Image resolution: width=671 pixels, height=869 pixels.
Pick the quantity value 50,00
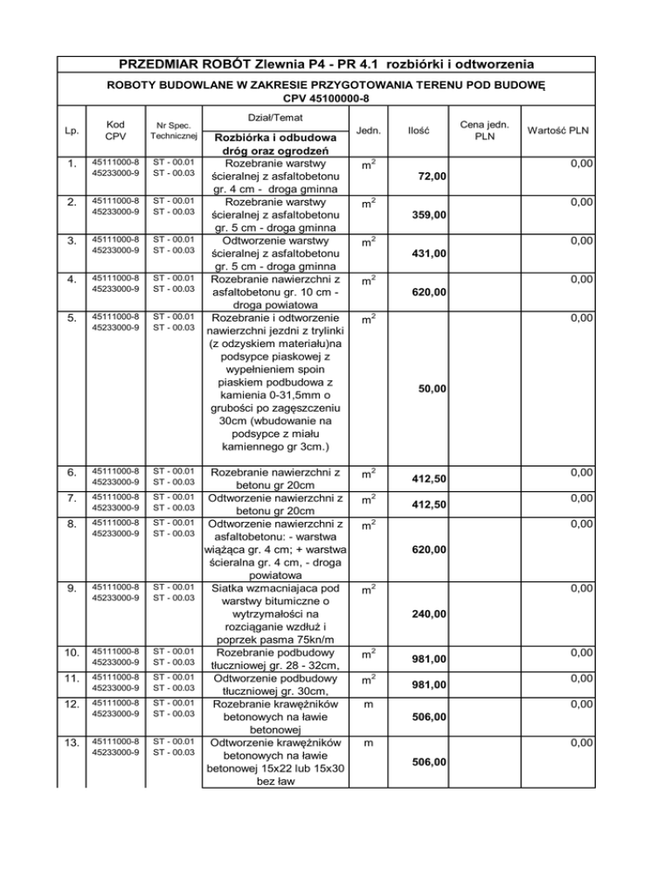click(x=432, y=387)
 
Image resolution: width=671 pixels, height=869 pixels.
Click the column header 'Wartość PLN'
click(x=557, y=130)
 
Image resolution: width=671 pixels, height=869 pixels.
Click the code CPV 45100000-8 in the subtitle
click(x=335, y=96)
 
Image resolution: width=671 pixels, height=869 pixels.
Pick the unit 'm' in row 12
click(x=368, y=705)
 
